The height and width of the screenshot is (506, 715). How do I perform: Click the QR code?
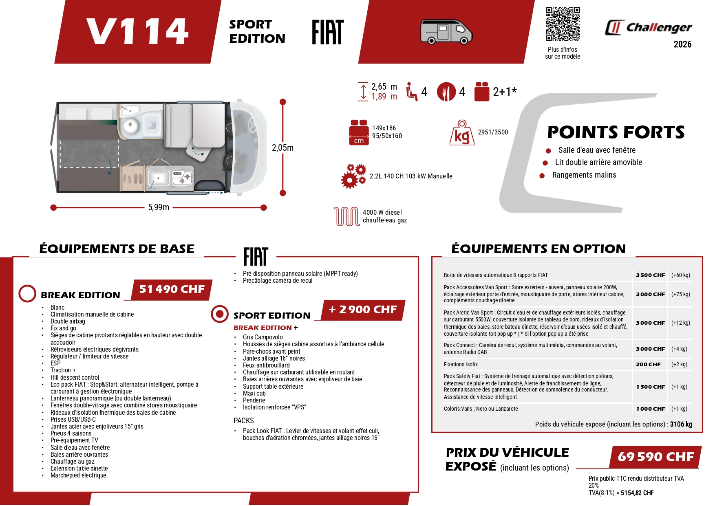click(x=563, y=24)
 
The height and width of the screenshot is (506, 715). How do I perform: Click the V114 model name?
click(x=137, y=31)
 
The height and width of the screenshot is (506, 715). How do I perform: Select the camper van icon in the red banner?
click(x=446, y=31)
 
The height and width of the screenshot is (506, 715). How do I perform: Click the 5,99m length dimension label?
click(x=159, y=207)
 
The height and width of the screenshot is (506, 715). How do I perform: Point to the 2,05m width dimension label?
click(x=282, y=148)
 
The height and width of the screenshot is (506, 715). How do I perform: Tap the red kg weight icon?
click(x=462, y=133)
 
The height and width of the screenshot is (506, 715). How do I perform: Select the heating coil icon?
click(x=346, y=216)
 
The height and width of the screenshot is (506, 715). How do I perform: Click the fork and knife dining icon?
click(x=446, y=92)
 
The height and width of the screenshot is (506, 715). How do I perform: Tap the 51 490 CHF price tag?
click(x=172, y=289)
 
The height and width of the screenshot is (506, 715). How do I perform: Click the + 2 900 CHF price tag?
click(x=362, y=310)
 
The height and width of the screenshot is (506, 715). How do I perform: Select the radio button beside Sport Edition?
click(x=220, y=314)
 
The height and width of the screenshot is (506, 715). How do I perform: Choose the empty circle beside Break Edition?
click(x=27, y=294)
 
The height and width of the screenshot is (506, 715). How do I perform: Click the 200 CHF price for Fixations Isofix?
click(x=648, y=365)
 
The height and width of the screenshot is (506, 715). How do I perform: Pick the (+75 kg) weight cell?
click(x=680, y=294)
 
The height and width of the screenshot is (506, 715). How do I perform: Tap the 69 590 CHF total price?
click(x=655, y=457)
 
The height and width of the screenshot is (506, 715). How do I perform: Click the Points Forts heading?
click(x=616, y=132)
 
